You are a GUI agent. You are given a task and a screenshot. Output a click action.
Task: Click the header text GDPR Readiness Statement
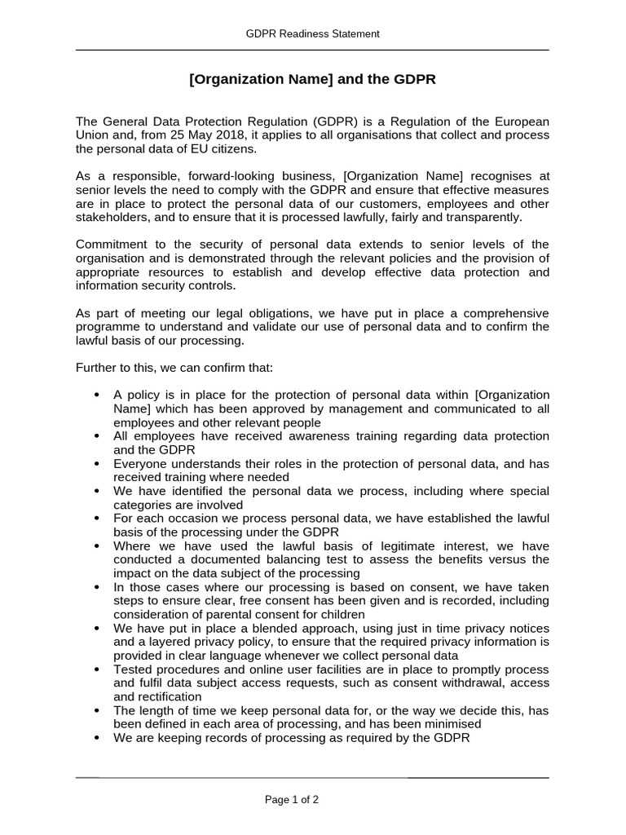coord(313,33)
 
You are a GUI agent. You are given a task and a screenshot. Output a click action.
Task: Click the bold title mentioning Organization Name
coord(312,80)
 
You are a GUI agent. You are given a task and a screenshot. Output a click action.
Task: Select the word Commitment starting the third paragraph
coord(110,245)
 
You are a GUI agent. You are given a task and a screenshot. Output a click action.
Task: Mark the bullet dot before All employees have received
coord(97,436)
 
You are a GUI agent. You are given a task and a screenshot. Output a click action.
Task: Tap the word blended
coord(248,628)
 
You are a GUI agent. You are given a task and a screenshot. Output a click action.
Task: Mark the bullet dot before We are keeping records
coord(97,737)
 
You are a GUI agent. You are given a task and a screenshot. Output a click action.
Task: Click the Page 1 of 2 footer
coord(292,800)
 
